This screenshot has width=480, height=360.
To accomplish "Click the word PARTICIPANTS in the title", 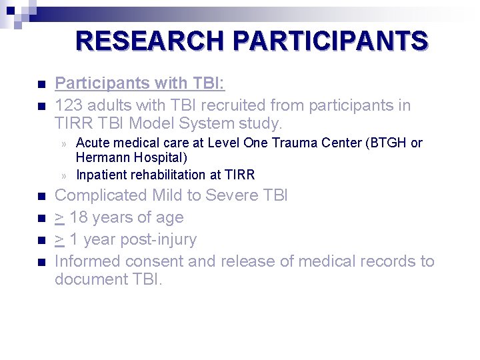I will tap(330, 41).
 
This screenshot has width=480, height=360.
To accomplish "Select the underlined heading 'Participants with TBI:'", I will tap(139, 83).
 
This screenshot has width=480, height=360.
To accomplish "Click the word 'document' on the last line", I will tap(87, 279).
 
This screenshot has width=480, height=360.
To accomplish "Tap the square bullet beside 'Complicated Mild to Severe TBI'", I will tap(41, 197).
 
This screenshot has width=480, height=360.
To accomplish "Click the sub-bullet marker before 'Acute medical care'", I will tap(65, 143).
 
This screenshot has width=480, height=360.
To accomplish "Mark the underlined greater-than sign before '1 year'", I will tap(59, 239).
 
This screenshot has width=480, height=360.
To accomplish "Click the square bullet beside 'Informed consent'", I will tap(41, 263).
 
